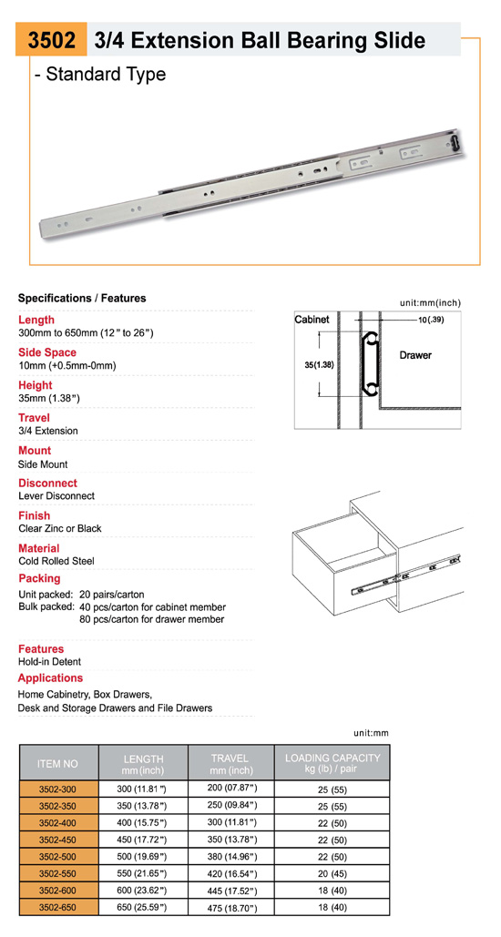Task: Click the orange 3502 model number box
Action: coord(51,39)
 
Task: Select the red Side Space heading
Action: coord(47,352)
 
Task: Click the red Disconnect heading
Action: coord(48,483)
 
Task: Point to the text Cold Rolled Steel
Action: coord(56,561)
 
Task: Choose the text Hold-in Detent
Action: coord(49,661)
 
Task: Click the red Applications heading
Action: coord(50,677)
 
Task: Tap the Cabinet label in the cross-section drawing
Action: coord(312,320)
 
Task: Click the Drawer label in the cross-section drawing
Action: coord(414,355)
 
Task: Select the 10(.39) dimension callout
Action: coord(431,320)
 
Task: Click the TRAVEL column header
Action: coord(231,764)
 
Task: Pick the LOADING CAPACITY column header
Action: coord(332,763)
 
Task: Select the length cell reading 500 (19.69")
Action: coord(143,857)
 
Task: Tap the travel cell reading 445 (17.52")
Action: coord(231,891)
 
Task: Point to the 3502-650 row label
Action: coord(58,908)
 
